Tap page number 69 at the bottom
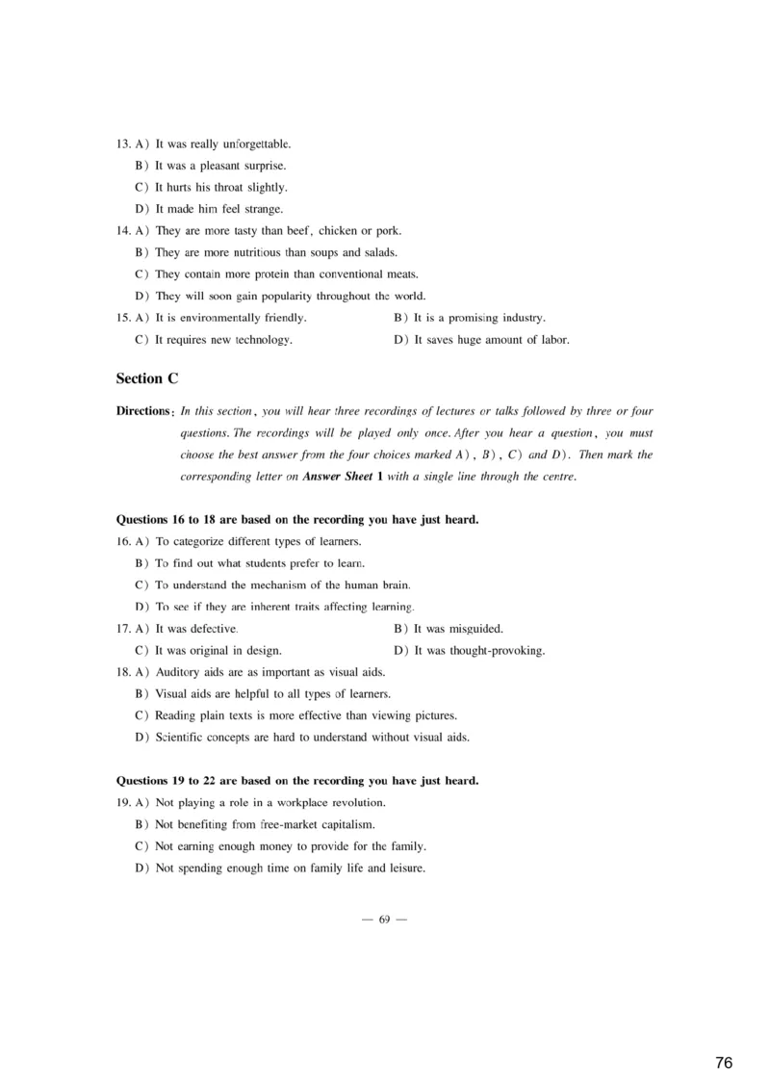click(x=384, y=920)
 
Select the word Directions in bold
click(x=142, y=411)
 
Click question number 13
click(x=122, y=144)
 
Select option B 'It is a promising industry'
click(x=470, y=318)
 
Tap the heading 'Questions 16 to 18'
click(x=296, y=520)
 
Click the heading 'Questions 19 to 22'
click(x=296, y=781)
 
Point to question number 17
click(x=122, y=629)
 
